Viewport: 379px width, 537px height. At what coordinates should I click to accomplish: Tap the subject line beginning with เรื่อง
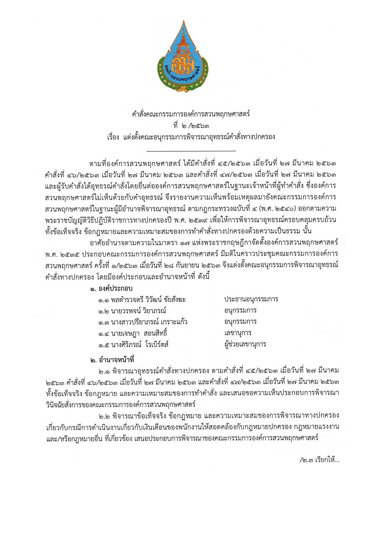click(191, 137)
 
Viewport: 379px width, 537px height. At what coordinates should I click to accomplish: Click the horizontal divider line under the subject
click(191, 151)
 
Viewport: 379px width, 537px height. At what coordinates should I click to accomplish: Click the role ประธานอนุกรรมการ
click(251, 299)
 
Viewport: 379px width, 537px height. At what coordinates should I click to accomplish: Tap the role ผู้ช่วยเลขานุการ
click(245, 344)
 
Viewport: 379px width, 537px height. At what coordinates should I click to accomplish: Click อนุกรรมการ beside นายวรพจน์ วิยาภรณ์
click(240, 311)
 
